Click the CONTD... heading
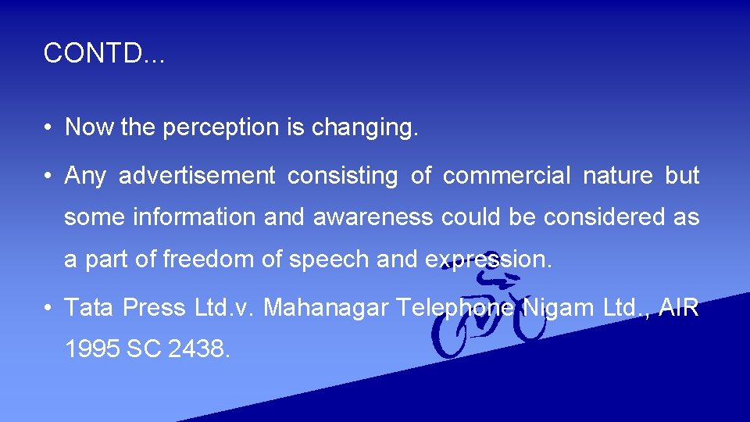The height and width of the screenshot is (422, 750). pos(104,53)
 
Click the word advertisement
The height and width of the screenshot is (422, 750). pos(197,176)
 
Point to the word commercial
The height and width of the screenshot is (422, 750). pos(507,176)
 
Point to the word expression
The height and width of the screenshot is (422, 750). pos(487,259)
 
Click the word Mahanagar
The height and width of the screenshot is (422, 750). pos(326,308)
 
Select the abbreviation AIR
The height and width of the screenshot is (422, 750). pos(680,308)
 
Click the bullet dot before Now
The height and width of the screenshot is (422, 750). pos(48,128)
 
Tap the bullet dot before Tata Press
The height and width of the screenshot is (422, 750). pos(48,309)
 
